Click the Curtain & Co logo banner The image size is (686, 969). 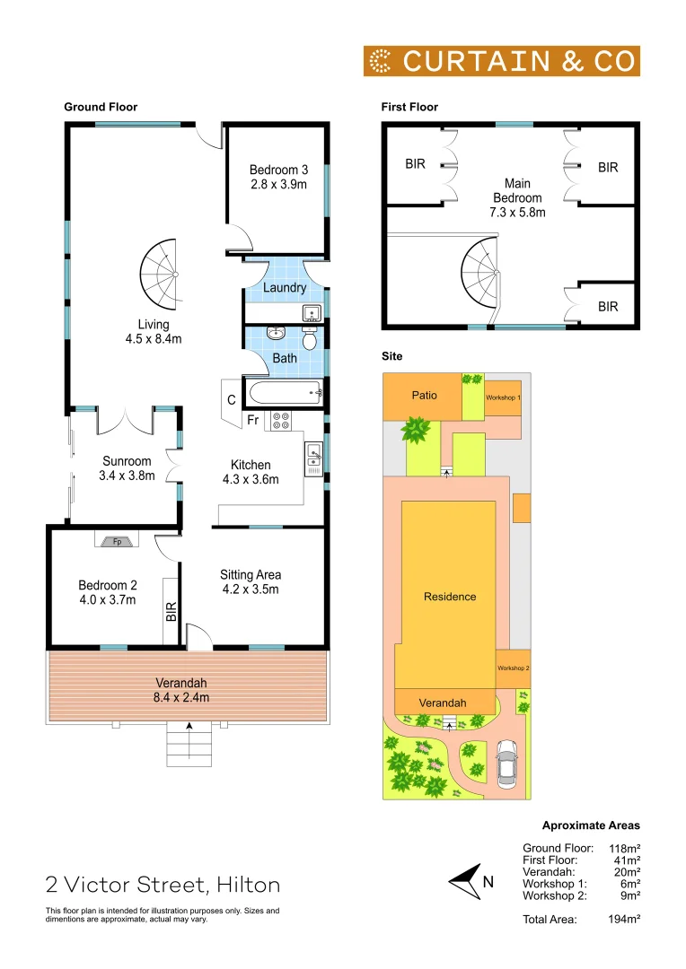tap(501, 61)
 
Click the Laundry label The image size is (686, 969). tap(285, 288)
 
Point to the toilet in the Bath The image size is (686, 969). tap(310, 339)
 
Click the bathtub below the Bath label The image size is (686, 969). tap(284, 391)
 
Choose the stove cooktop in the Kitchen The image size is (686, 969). tap(278, 421)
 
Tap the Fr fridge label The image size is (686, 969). tap(252, 420)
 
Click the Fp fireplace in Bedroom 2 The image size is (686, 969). tap(117, 541)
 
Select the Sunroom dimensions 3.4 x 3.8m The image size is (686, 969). tap(127, 476)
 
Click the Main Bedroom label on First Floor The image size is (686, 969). tap(517, 197)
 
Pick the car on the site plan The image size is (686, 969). tap(506, 762)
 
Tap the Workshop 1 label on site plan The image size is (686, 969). tap(503, 397)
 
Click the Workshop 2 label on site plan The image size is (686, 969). tap(514, 668)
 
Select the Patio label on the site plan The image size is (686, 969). tap(424, 395)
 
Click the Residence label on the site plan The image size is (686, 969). tap(450, 597)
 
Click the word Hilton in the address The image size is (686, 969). tap(247, 886)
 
